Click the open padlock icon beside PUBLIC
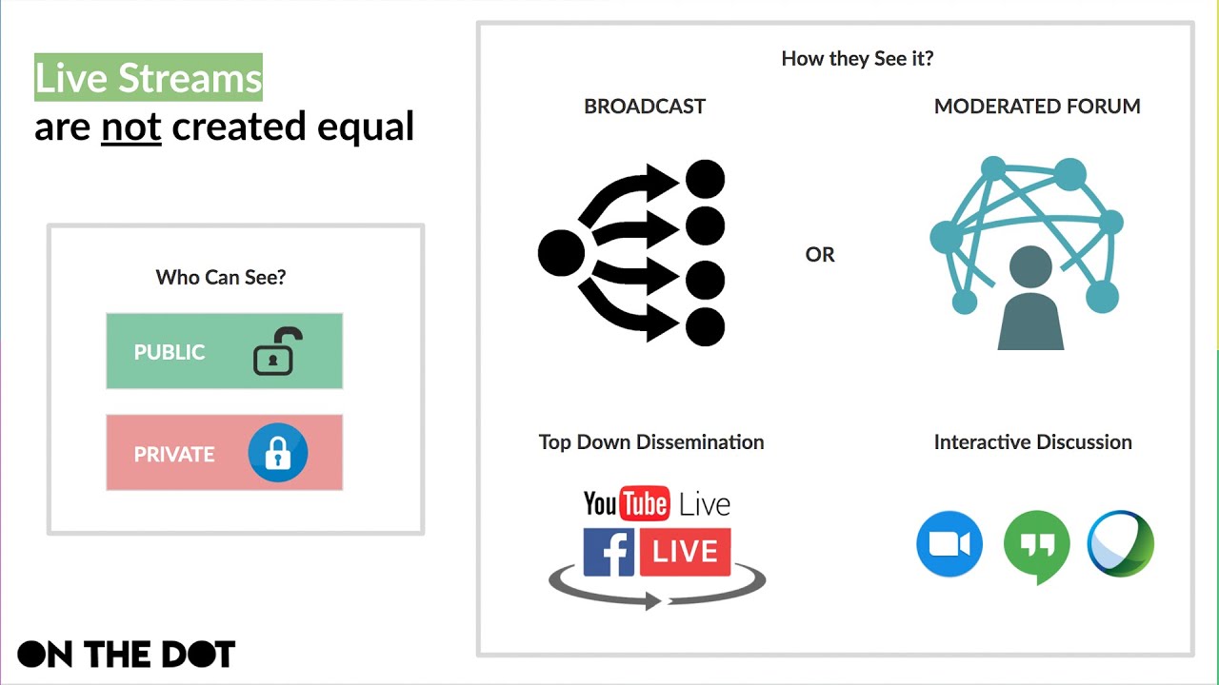[x=277, y=351]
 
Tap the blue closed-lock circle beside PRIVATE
[x=278, y=453]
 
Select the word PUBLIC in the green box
[x=170, y=352]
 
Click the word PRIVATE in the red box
[x=174, y=454]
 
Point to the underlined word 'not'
[x=131, y=127]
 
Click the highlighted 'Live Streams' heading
[x=149, y=78]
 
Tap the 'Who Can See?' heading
[x=221, y=277]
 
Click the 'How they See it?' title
[x=857, y=58]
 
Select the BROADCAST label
[x=645, y=107]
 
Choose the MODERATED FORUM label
[x=1037, y=107]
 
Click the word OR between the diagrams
[x=820, y=255]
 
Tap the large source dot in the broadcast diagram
[x=561, y=253]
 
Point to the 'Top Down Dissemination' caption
[x=651, y=441]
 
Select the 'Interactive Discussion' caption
[x=1033, y=441]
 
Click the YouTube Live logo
[x=657, y=503]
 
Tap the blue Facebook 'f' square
[x=609, y=553]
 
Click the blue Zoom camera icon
[x=949, y=544]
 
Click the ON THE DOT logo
[x=127, y=654]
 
